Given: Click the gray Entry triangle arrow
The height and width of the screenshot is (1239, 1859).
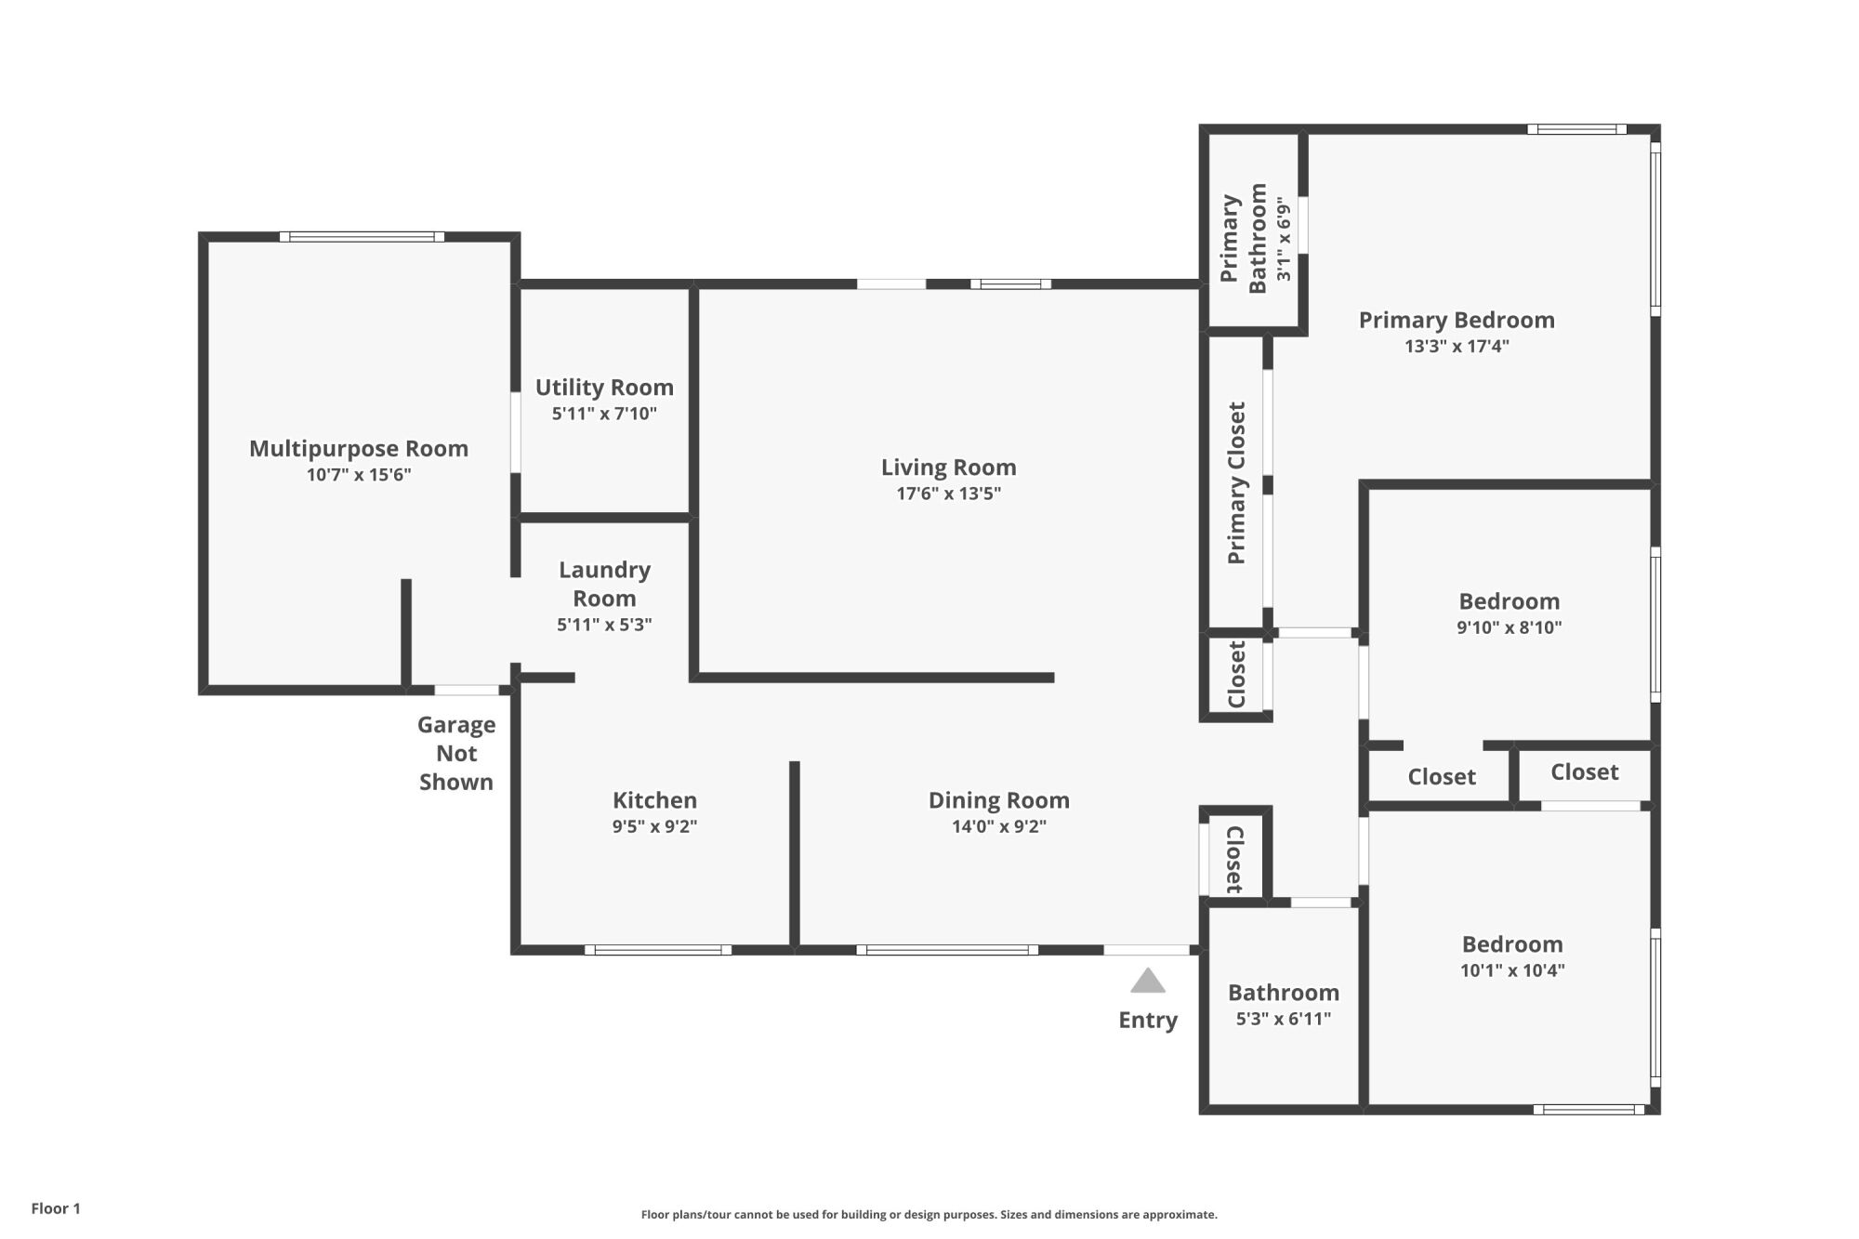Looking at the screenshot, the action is pos(1148,981).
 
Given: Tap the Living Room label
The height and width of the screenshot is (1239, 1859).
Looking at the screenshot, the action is pos(949,468).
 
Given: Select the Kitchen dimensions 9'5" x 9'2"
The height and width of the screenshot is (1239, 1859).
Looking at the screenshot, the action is pos(654,826).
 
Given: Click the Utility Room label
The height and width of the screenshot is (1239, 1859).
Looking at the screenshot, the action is pos(604,388).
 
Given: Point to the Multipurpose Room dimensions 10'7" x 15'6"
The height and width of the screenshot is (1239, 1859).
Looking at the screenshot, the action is pos(359,475).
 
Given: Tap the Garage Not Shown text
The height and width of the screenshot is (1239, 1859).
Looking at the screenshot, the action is pos(456,753).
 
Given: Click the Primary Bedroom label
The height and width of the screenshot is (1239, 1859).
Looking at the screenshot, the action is pos(1457,321).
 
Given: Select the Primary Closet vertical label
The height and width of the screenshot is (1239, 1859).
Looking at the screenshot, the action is pos(1236,482).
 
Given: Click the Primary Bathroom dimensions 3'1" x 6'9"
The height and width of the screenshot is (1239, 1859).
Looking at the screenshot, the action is pos(1284,239).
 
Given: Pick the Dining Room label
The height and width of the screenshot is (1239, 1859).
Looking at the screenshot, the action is pos(999,800).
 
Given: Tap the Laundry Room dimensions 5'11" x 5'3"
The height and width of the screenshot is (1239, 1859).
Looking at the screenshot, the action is pos(604,625).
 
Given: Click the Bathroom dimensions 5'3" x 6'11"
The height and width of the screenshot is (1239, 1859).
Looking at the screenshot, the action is pos(1284,1019).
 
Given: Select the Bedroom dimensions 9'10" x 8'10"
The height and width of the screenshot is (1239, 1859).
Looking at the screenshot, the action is pos(1510,627).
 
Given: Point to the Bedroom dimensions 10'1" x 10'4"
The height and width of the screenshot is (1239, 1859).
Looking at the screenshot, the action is pos(1512,970).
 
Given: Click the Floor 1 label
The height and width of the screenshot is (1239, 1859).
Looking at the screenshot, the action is pos(56,1208).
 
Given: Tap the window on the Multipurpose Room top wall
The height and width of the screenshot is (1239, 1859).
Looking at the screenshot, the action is pos(362,237).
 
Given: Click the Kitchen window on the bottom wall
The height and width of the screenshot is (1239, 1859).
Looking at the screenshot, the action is pos(658,950).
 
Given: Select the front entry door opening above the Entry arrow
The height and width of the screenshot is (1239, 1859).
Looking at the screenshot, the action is pos(1147,950).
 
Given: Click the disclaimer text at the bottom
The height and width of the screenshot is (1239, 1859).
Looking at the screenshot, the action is pos(929,1214).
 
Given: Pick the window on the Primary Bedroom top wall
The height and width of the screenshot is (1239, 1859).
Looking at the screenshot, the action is pos(1577,129).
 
